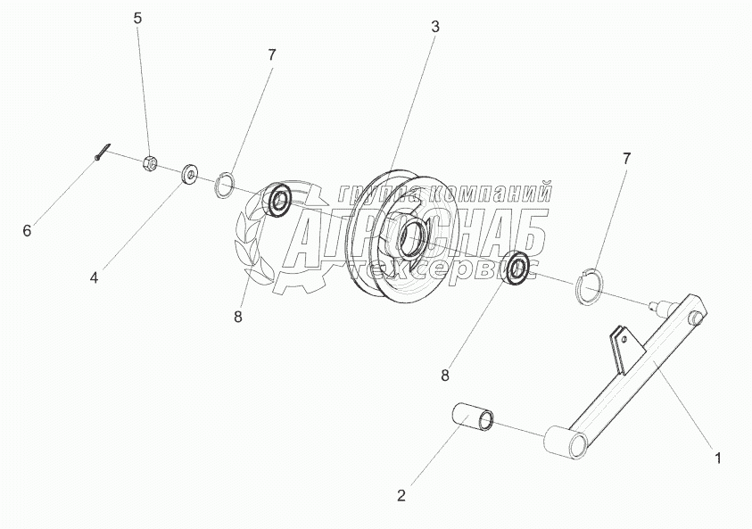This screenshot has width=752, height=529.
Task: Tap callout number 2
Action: pyautogui.click(x=400, y=493)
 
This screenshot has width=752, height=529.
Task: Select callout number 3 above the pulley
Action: pyautogui.click(x=434, y=27)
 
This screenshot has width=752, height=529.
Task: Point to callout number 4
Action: pyautogui.click(x=94, y=277)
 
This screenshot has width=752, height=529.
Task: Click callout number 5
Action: pyautogui.click(x=137, y=18)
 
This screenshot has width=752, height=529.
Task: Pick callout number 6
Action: pyautogui.click(x=27, y=231)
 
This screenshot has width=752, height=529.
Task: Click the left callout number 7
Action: pyautogui.click(x=271, y=54)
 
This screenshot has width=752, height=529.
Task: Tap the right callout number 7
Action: pyautogui.click(x=626, y=158)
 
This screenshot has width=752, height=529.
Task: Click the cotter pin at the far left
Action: pyautogui.click(x=103, y=153)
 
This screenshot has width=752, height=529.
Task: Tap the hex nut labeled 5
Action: pyautogui.click(x=151, y=163)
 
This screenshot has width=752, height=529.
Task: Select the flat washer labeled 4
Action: pyautogui.click(x=190, y=173)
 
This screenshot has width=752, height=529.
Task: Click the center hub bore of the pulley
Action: pyautogui.click(x=411, y=237)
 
